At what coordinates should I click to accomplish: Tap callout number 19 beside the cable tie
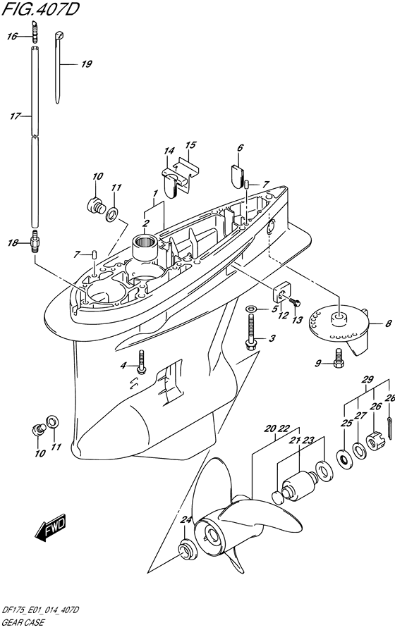(87, 64)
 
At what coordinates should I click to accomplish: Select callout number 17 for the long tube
(15, 116)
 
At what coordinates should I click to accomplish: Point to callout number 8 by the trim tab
(388, 323)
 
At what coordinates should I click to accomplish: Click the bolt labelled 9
(337, 359)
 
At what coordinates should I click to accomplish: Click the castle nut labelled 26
(376, 442)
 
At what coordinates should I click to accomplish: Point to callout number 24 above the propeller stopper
(186, 520)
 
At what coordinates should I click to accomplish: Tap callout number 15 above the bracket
(190, 144)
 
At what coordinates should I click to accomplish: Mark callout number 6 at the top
(240, 147)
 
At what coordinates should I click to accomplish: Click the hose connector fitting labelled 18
(36, 243)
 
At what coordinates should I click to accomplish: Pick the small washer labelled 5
(250, 309)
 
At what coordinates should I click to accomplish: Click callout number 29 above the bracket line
(367, 379)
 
